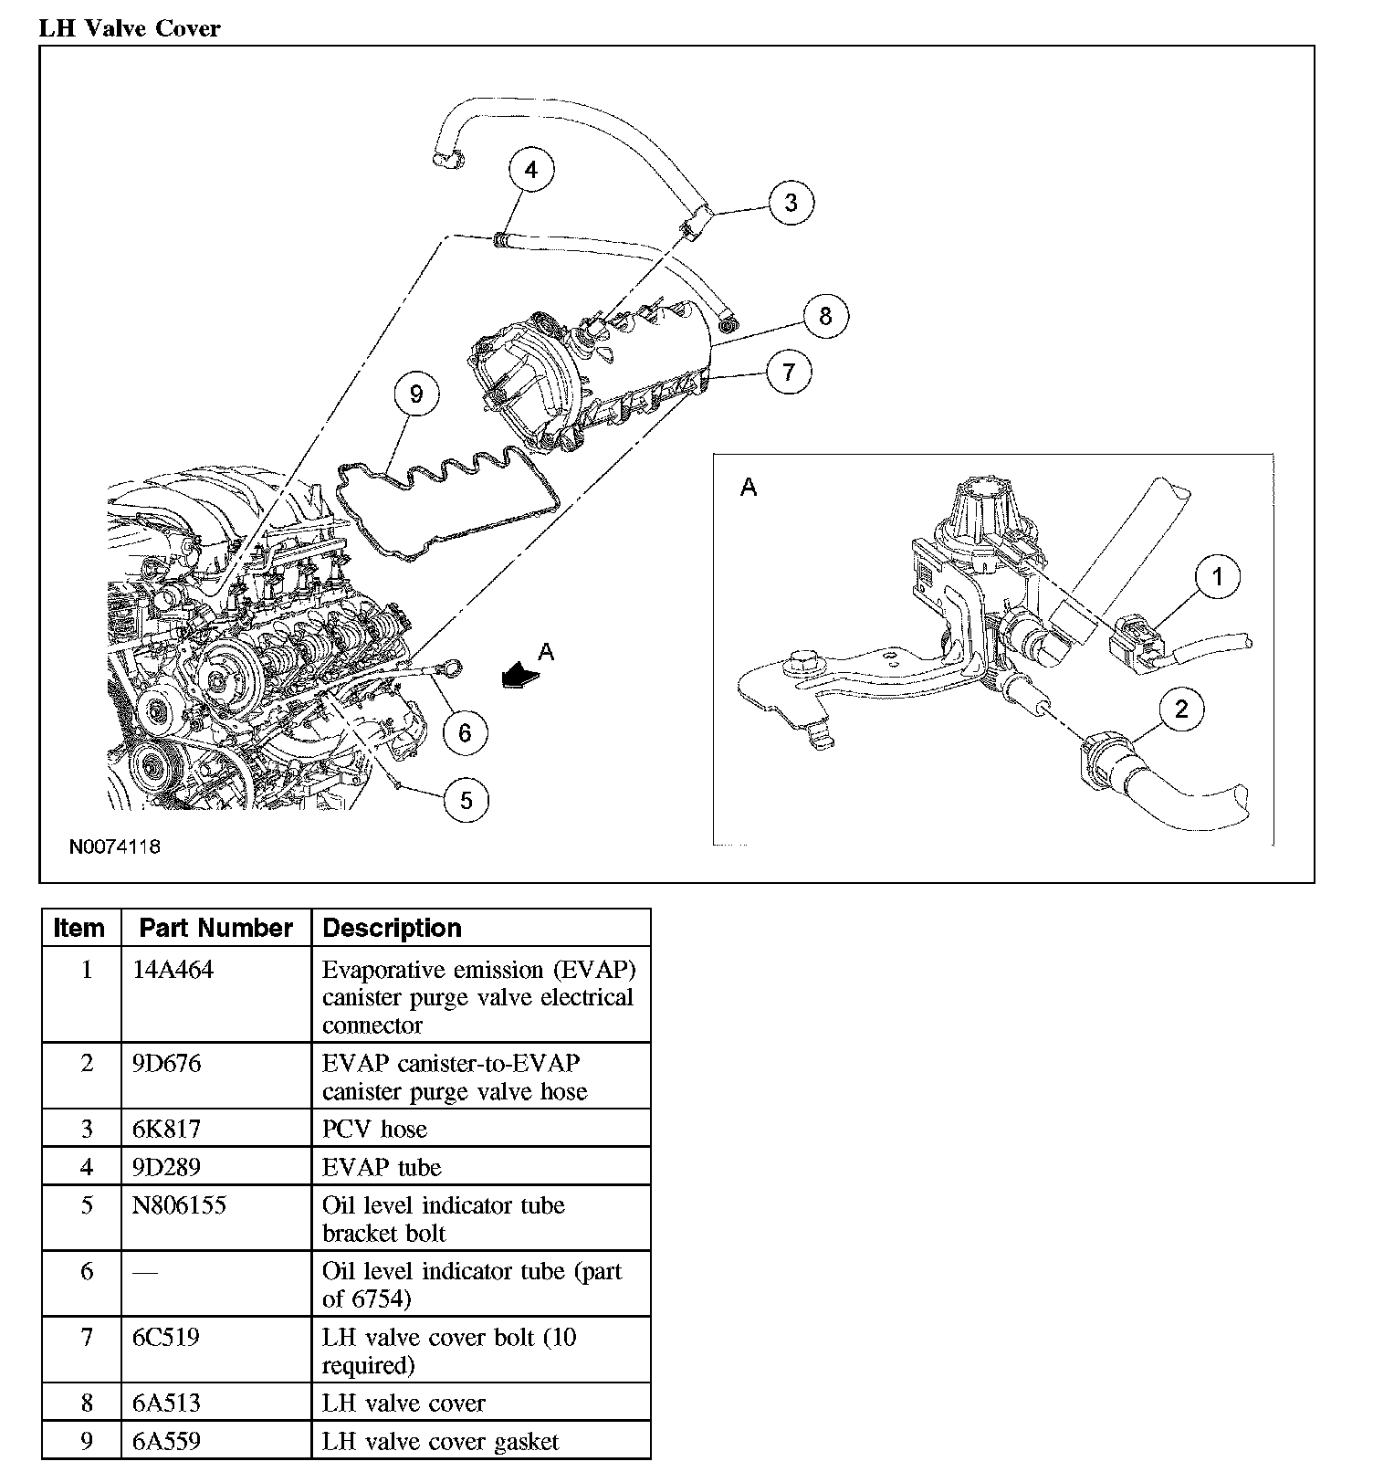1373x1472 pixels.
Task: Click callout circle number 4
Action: pos(531,170)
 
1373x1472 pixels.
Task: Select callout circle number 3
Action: pos(791,202)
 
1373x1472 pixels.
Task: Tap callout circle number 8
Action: pos(825,316)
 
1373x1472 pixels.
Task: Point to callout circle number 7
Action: pos(789,372)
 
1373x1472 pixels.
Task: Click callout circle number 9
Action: pos(416,394)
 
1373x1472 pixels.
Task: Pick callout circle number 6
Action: pos(465,732)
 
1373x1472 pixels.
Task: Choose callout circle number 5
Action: pos(466,801)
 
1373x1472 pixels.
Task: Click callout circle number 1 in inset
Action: pos(1217,577)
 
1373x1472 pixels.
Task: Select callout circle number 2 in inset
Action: pos(1182,710)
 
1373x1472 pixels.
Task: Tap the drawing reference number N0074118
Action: pos(115,846)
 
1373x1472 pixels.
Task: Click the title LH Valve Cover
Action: pos(130,28)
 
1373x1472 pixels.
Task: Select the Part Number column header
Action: pos(216,928)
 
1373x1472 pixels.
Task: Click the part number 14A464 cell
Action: pos(173,970)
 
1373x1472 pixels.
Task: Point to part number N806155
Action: pos(180,1205)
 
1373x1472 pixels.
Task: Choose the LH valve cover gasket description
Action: pos(440,1442)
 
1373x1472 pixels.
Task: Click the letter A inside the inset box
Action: pos(749,488)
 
